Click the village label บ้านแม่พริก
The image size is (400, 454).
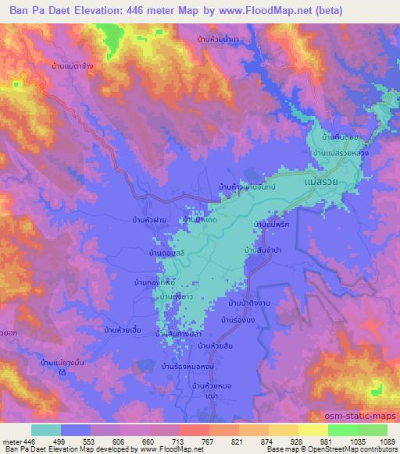[273, 225]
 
